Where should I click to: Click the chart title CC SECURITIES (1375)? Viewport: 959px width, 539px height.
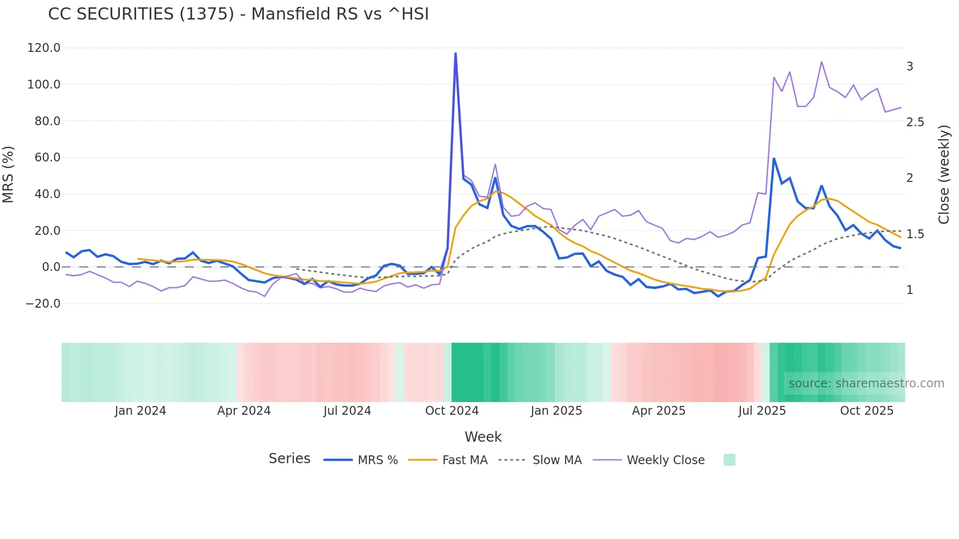tap(238, 14)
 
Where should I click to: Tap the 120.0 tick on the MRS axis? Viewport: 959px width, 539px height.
tap(44, 48)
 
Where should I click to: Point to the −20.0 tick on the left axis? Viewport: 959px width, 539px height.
tap(43, 304)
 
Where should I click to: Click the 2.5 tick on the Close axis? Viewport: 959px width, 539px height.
tap(915, 122)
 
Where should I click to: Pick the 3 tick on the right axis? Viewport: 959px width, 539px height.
tap(910, 67)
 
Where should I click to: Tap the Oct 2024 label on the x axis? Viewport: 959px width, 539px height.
tap(452, 411)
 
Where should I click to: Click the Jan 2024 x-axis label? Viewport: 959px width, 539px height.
tap(140, 411)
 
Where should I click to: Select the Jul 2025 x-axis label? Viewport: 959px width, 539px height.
tap(762, 411)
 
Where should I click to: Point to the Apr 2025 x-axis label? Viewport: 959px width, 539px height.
tap(659, 411)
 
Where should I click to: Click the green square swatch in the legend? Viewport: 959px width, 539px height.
tap(729, 460)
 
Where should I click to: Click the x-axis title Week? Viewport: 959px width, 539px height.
tap(483, 437)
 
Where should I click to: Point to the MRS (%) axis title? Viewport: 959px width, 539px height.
tap(8, 175)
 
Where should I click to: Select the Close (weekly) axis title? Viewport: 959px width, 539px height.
tap(944, 175)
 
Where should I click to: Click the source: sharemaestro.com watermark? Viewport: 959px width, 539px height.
tap(866, 383)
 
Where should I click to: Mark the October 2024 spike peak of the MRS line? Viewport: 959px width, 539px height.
tap(456, 53)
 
